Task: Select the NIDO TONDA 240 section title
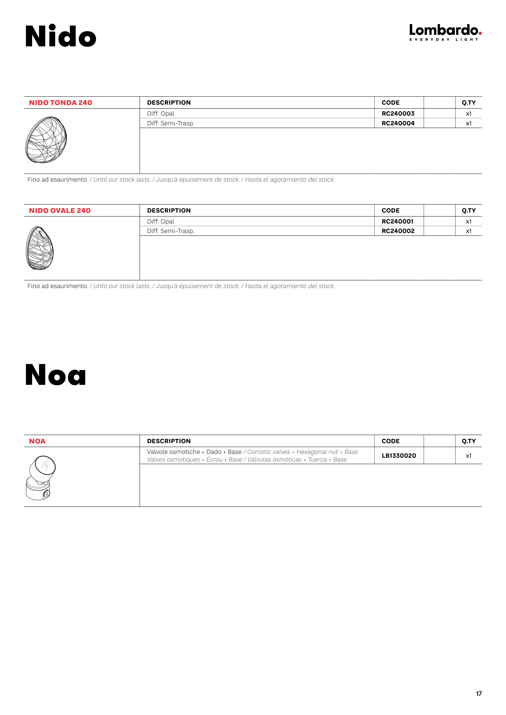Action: pyautogui.click(x=60, y=103)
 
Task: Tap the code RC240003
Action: pyautogui.click(x=398, y=114)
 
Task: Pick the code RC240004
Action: pyautogui.click(x=398, y=123)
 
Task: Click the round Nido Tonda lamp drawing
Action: pyautogui.click(x=46, y=140)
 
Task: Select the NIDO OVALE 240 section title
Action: pyautogui.click(x=60, y=211)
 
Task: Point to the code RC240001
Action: pyautogui.click(x=397, y=221)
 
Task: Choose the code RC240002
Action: pyautogui.click(x=398, y=231)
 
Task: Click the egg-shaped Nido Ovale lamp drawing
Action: pyautogui.click(x=40, y=248)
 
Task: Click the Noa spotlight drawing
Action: pyautogui.click(x=41, y=478)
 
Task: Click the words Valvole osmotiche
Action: pyautogui.click(x=173, y=452)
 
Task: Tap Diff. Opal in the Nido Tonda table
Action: pyautogui.click(x=160, y=114)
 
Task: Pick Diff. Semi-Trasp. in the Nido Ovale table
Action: pyautogui.click(x=171, y=231)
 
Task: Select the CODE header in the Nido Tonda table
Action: pyautogui.click(x=390, y=103)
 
